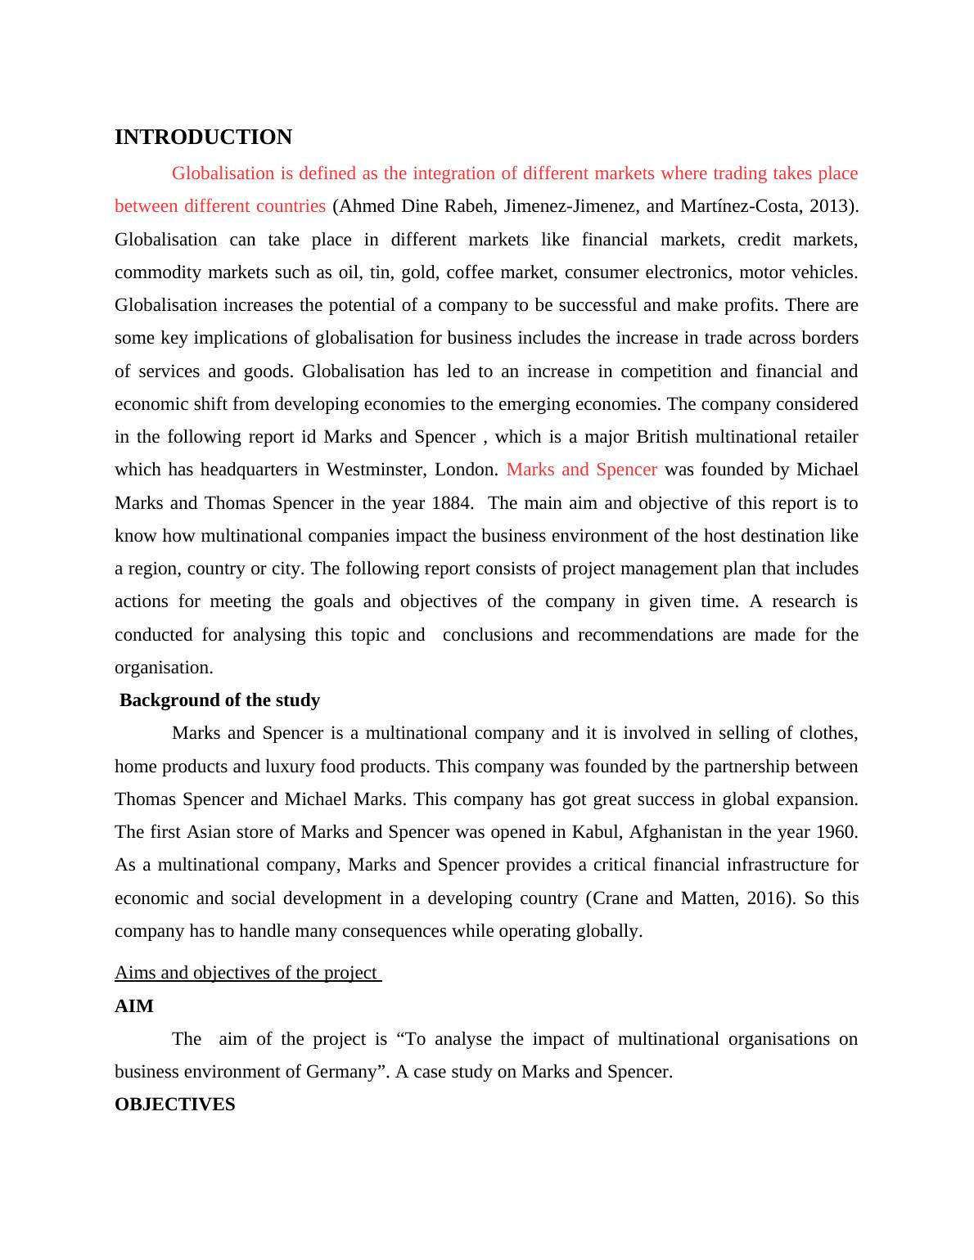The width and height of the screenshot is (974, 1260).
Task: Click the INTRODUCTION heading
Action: tap(203, 137)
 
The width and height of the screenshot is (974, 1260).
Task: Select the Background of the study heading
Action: tap(219, 700)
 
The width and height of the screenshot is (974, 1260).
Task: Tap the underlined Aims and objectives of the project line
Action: tap(247, 973)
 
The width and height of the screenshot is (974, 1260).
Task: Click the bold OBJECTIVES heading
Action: tap(174, 1105)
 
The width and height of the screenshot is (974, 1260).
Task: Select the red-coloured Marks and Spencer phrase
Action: tap(581, 470)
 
